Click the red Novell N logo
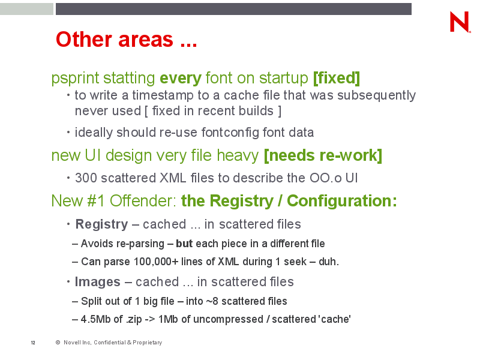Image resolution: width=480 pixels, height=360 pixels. (x=460, y=22)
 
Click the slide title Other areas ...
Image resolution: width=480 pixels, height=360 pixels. (x=126, y=40)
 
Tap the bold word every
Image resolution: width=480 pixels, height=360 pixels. (x=181, y=79)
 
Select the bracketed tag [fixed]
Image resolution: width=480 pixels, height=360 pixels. (x=337, y=79)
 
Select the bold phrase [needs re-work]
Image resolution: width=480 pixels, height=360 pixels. (x=323, y=155)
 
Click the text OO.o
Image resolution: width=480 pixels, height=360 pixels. (x=325, y=178)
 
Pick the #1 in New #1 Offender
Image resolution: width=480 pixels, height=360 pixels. (x=96, y=201)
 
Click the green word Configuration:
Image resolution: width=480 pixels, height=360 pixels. (x=342, y=202)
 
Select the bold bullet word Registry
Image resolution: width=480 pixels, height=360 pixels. (x=101, y=224)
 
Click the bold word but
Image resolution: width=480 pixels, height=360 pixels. (x=184, y=244)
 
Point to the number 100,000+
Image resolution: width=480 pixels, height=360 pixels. (x=156, y=262)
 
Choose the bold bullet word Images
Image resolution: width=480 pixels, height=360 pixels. (x=98, y=282)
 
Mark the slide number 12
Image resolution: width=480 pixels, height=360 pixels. (x=33, y=343)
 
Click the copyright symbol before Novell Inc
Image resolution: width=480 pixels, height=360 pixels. (x=58, y=343)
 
